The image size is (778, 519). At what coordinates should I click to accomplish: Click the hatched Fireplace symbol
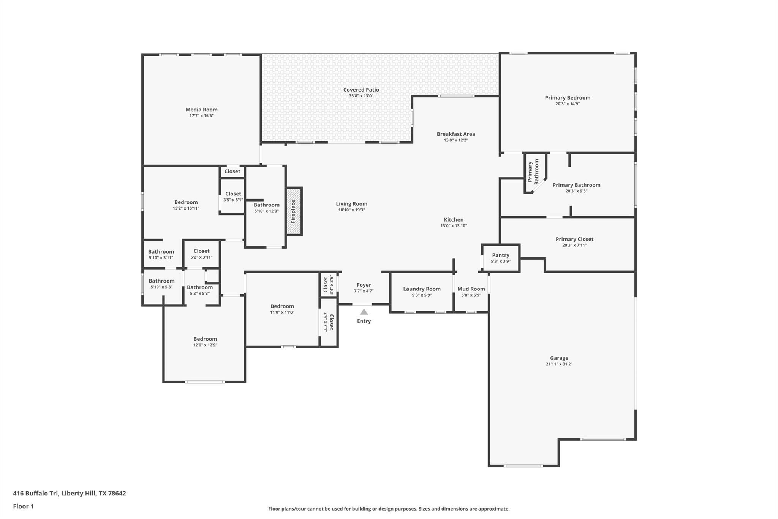(x=294, y=211)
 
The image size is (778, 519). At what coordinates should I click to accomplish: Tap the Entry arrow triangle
(x=364, y=312)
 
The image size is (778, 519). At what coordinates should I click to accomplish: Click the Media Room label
(x=201, y=110)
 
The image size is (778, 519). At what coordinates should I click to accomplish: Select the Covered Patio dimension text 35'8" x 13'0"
(x=361, y=96)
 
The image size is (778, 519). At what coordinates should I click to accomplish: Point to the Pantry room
(x=500, y=258)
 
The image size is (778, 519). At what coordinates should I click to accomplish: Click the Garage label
(x=559, y=358)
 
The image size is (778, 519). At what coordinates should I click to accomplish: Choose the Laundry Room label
(x=422, y=289)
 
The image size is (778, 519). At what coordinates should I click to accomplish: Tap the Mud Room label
(x=471, y=289)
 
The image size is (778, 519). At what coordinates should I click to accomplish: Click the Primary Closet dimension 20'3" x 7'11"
(x=574, y=245)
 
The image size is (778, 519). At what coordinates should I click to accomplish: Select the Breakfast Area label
(x=455, y=134)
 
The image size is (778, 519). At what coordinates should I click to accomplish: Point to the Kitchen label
(x=454, y=219)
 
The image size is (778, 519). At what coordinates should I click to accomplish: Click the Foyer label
(x=364, y=285)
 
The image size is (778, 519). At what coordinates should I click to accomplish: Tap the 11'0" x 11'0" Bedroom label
(x=282, y=306)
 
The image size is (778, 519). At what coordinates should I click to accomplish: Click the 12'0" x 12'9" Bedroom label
(x=205, y=339)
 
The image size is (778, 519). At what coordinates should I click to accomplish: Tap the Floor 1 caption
(x=23, y=506)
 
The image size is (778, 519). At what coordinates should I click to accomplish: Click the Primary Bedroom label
(x=567, y=98)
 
